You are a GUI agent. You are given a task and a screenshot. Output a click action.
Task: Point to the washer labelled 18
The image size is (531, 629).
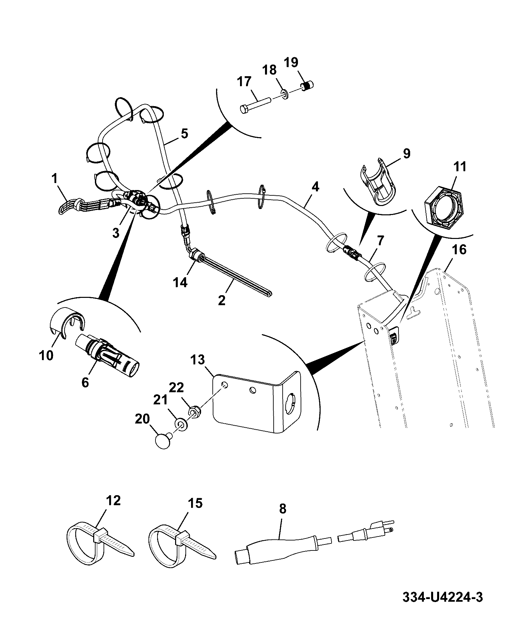pos(285,94)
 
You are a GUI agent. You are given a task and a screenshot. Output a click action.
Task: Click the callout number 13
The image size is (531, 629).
pos(198,360)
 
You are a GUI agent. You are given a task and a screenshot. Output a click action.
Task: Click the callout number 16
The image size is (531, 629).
pos(459,250)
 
